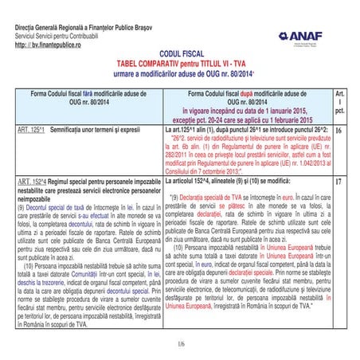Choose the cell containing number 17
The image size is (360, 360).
click(x=340, y=182)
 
